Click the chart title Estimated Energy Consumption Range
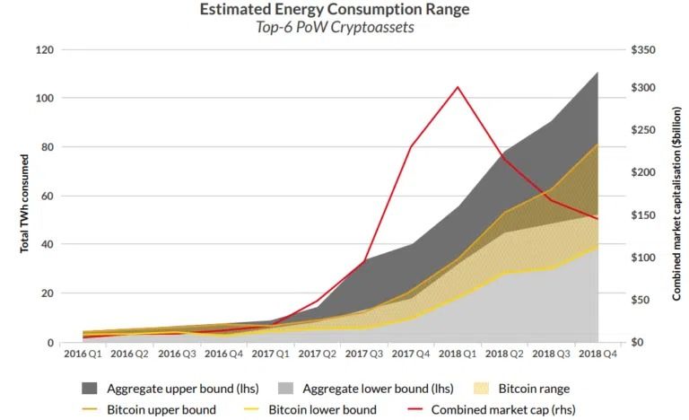344,11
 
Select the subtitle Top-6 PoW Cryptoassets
344,28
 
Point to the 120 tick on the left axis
43,50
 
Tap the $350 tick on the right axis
644,50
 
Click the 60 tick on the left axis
46,197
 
